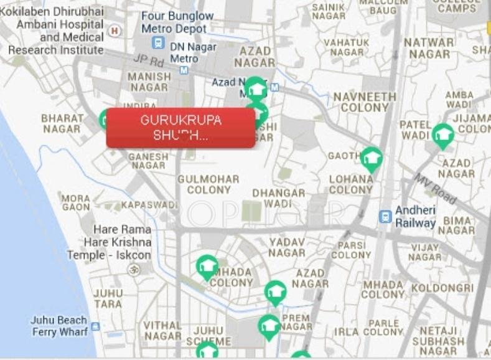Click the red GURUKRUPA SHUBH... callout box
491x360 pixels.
(180, 128)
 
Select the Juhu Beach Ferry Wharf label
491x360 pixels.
(60, 326)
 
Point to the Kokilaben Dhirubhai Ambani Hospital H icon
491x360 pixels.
(114, 30)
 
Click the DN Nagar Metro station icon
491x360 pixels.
(158, 43)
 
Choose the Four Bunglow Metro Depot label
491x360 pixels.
(177, 22)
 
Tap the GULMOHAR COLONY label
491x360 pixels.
(208, 184)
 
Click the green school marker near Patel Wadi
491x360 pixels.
(443, 135)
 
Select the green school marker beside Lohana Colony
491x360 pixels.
(372, 158)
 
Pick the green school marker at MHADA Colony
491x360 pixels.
(207, 267)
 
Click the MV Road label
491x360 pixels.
(436, 187)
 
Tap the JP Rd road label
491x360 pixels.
(147, 60)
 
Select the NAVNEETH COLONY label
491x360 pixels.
(365, 102)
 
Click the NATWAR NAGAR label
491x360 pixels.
(429, 48)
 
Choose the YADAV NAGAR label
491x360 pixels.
(287, 247)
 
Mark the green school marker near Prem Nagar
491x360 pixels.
(269, 326)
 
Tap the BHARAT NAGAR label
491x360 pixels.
(62, 123)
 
